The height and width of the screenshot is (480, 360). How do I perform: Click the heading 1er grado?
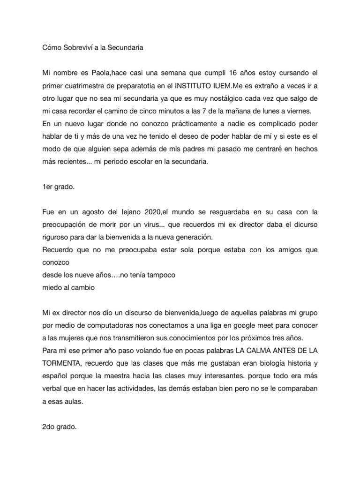(58, 186)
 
